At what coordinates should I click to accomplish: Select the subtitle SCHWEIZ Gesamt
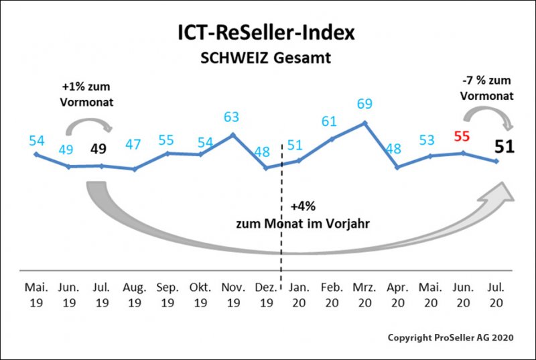coord(267,58)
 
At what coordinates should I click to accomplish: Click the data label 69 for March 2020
coord(364,105)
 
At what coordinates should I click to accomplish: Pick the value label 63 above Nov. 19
coord(232,117)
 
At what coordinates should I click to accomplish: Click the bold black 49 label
coord(98,148)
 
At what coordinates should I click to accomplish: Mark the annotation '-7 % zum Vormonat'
coord(486,88)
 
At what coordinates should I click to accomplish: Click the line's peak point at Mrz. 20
coord(364,123)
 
